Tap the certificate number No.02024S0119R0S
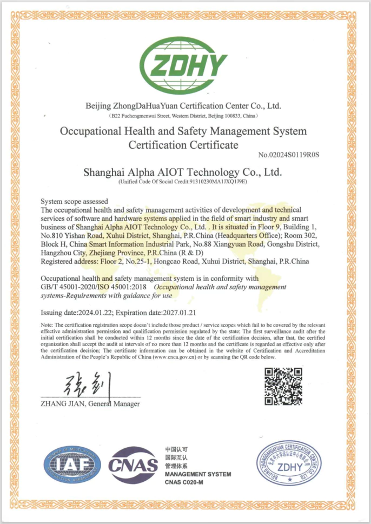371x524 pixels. [289, 155]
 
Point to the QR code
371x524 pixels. [283, 386]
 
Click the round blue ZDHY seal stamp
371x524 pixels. [286, 465]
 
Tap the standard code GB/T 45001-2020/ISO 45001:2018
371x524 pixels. [95, 287]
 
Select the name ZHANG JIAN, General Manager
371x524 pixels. [90, 404]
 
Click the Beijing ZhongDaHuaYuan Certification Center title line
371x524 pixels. [183, 105]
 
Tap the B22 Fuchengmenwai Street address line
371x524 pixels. [183, 116]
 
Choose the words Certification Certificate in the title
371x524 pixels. [183, 145]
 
